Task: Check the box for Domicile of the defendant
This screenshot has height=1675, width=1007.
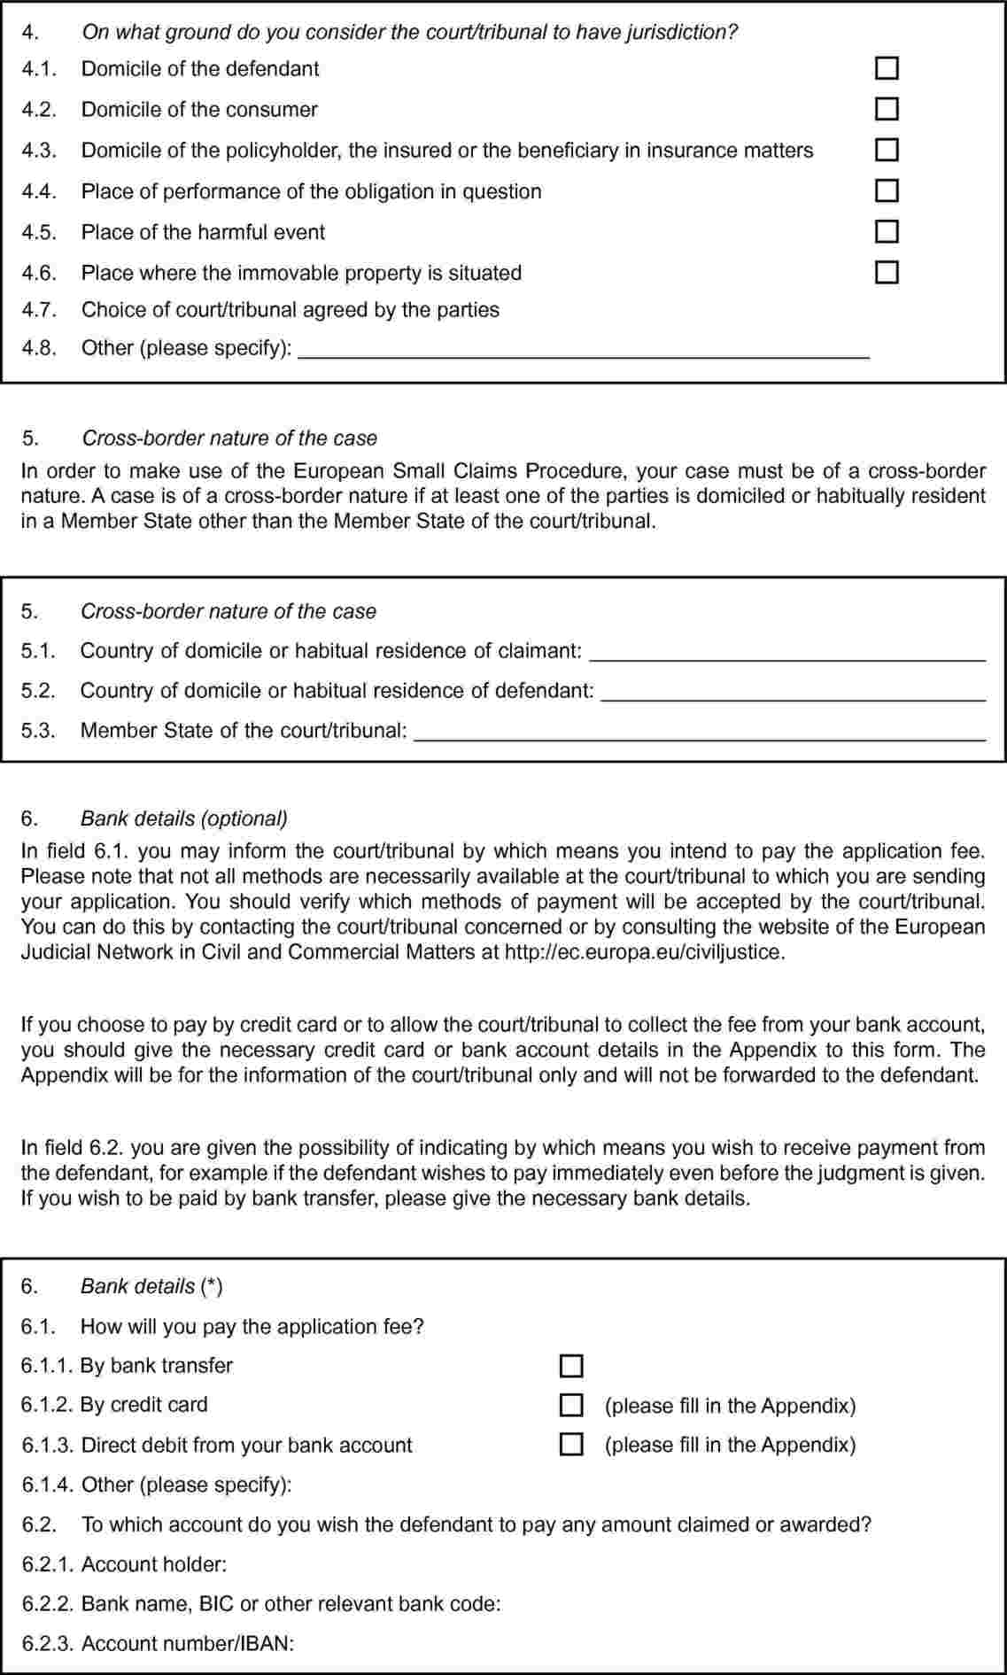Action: point(887,68)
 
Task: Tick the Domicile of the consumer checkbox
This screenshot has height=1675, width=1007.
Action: point(887,109)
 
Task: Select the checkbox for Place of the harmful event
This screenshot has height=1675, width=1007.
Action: point(887,231)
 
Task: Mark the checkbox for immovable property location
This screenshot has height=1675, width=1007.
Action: point(887,272)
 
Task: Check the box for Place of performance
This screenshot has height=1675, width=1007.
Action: point(887,190)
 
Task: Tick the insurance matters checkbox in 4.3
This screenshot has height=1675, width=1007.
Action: point(887,150)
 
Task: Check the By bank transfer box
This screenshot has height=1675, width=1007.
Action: point(572,1366)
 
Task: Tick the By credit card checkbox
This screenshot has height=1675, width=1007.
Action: point(572,1405)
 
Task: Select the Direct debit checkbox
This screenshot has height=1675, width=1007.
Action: point(572,1445)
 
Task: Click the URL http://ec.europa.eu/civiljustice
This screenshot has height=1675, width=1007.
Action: point(644,953)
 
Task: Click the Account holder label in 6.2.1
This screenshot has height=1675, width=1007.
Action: point(154,1564)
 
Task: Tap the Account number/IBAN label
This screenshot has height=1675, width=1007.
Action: point(187,1643)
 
